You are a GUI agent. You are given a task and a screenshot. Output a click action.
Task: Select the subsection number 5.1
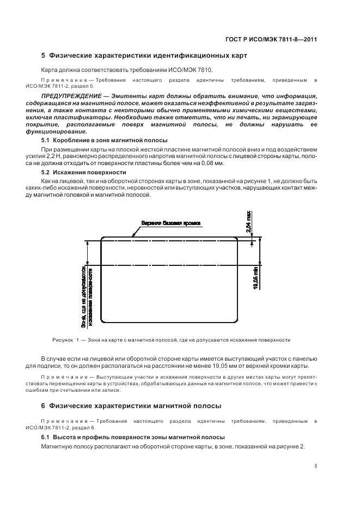click(46, 141)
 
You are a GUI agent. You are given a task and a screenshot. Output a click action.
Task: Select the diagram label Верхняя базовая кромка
click(171, 223)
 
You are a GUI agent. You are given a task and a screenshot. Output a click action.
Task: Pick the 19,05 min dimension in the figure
click(257, 278)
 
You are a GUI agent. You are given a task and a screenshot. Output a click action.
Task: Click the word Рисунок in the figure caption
click(63, 340)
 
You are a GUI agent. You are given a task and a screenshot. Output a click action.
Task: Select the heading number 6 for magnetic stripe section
click(44, 406)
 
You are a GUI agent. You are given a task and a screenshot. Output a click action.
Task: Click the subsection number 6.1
click(46, 438)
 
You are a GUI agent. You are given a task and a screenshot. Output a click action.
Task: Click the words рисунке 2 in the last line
click(291, 447)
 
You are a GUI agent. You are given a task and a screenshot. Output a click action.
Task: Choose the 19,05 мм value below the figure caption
click(234, 366)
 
